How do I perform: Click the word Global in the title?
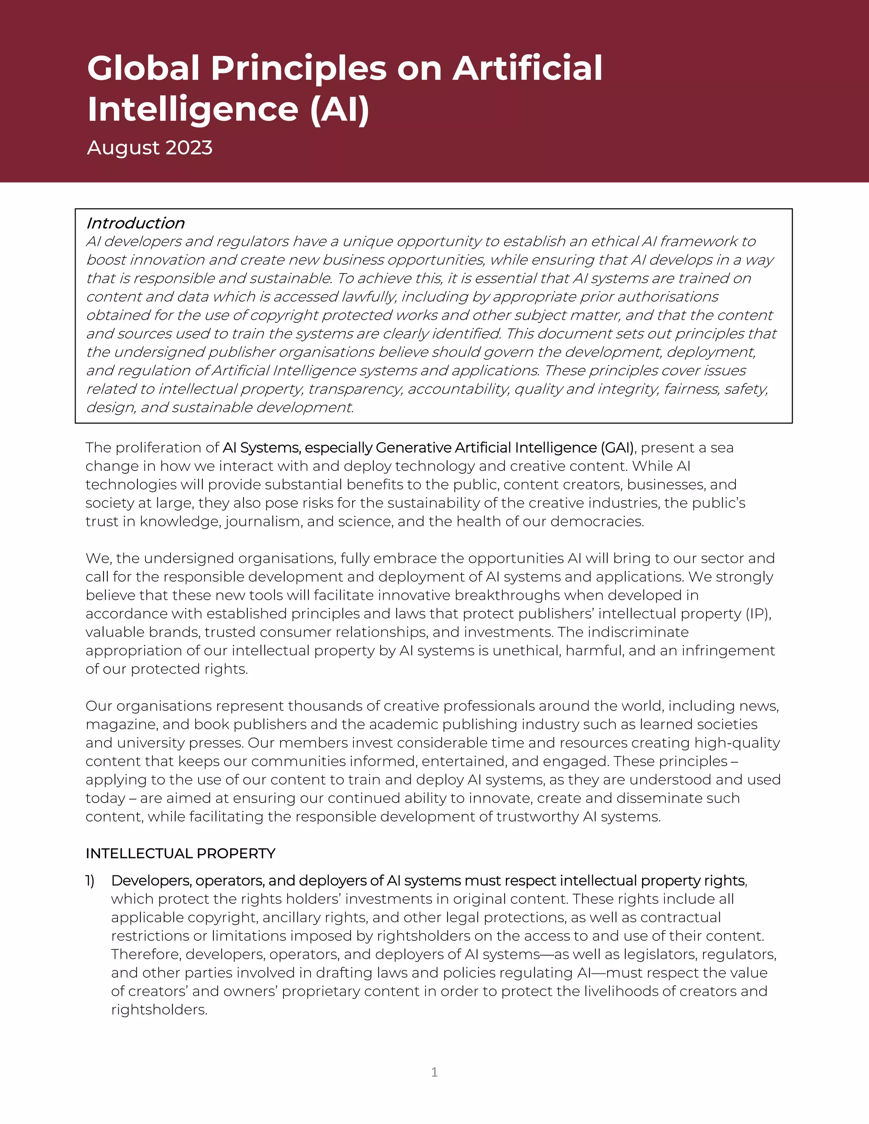coord(143,68)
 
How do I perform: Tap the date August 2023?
coord(149,148)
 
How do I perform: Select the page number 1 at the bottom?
coord(434,1072)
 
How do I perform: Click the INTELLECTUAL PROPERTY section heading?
coord(180,854)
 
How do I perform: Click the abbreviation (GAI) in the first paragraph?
coord(617,448)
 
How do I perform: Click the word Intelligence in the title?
coord(193,109)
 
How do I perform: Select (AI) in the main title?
coord(339,109)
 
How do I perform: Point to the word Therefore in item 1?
coord(145,954)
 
